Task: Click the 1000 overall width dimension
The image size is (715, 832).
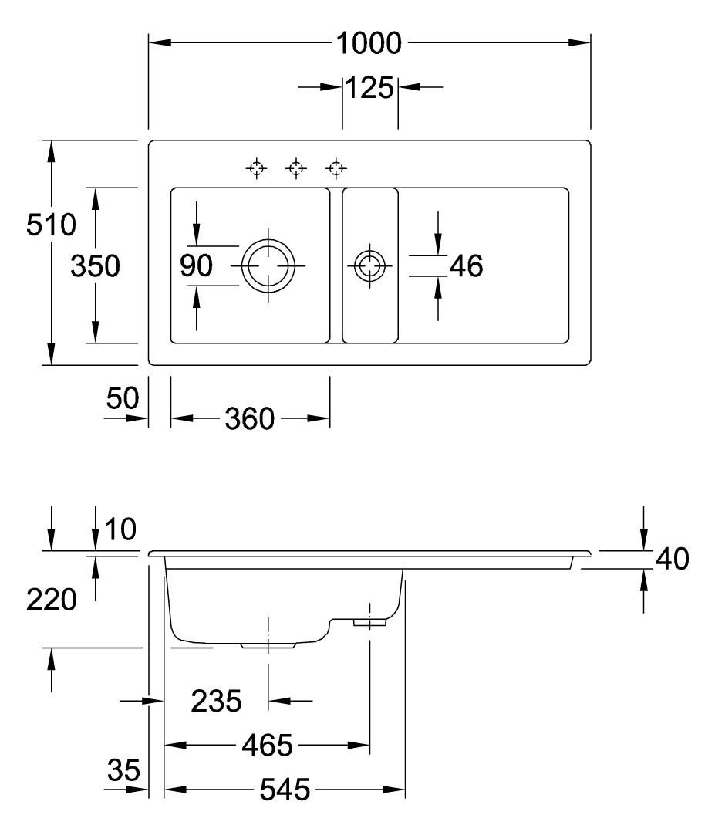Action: pyautogui.click(x=369, y=43)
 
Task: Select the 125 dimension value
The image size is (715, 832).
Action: pyautogui.click(x=369, y=88)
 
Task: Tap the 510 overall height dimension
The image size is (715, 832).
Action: pyautogui.click(x=51, y=226)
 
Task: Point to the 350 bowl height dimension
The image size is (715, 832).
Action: pyautogui.click(x=95, y=267)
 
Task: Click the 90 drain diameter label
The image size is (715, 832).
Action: pyautogui.click(x=196, y=266)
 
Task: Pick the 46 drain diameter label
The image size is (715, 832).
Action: pyautogui.click(x=466, y=266)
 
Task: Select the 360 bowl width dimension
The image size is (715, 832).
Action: pyautogui.click(x=250, y=419)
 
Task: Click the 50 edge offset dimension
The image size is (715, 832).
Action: pyautogui.click(x=122, y=399)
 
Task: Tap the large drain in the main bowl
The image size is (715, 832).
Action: pyautogui.click(x=268, y=265)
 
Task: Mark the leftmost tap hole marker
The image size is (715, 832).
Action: pyautogui.click(x=256, y=167)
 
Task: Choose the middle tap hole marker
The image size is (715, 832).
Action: pyautogui.click(x=296, y=167)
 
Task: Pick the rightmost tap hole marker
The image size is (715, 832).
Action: pyautogui.click(x=336, y=167)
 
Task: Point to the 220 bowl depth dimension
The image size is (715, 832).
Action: pyautogui.click(x=51, y=600)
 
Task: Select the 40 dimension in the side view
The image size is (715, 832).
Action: pyautogui.click(x=670, y=560)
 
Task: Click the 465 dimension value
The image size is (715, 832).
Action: pyautogui.click(x=267, y=746)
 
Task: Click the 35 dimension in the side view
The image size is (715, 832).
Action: pyautogui.click(x=123, y=769)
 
